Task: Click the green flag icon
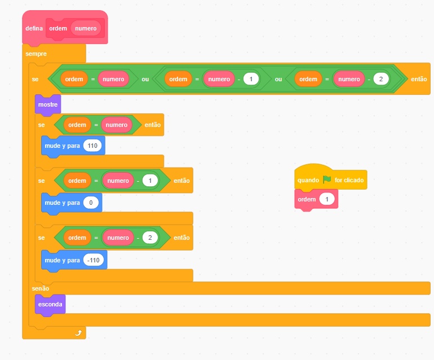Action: pyautogui.click(x=327, y=180)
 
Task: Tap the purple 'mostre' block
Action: pyautogui.click(x=48, y=104)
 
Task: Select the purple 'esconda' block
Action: pyautogui.click(x=50, y=304)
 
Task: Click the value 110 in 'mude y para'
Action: pyautogui.click(x=93, y=146)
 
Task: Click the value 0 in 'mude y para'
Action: pyautogui.click(x=90, y=203)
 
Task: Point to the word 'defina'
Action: pyautogui.click(x=34, y=28)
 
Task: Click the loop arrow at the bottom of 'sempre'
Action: pyautogui.click(x=78, y=333)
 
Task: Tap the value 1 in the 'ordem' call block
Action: pyautogui.click(x=327, y=199)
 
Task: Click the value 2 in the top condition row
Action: pyautogui.click(x=381, y=79)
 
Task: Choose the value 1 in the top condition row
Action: pyautogui.click(x=251, y=79)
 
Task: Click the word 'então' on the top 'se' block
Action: pyautogui.click(x=419, y=79)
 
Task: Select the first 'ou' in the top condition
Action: pyautogui.click(x=145, y=79)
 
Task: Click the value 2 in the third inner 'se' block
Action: pyautogui.click(x=150, y=238)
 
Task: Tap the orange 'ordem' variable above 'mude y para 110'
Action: pyautogui.click(x=77, y=124)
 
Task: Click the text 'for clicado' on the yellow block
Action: pyautogui.click(x=349, y=180)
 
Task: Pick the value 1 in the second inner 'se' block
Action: pyautogui.click(x=150, y=181)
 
